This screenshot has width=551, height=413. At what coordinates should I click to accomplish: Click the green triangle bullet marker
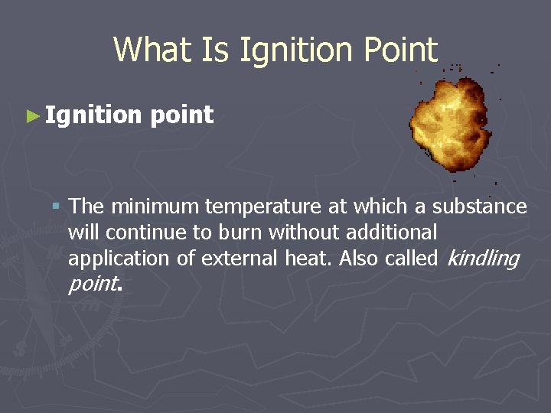click(x=31, y=116)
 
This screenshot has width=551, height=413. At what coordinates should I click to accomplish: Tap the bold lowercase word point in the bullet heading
click(x=182, y=116)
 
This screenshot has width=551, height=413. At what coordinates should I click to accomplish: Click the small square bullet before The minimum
click(x=56, y=206)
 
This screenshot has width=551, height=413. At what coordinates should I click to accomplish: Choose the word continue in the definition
click(x=136, y=233)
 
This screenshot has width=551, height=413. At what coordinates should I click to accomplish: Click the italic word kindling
click(x=482, y=259)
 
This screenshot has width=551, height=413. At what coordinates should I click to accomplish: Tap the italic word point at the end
click(x=93, y=285)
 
